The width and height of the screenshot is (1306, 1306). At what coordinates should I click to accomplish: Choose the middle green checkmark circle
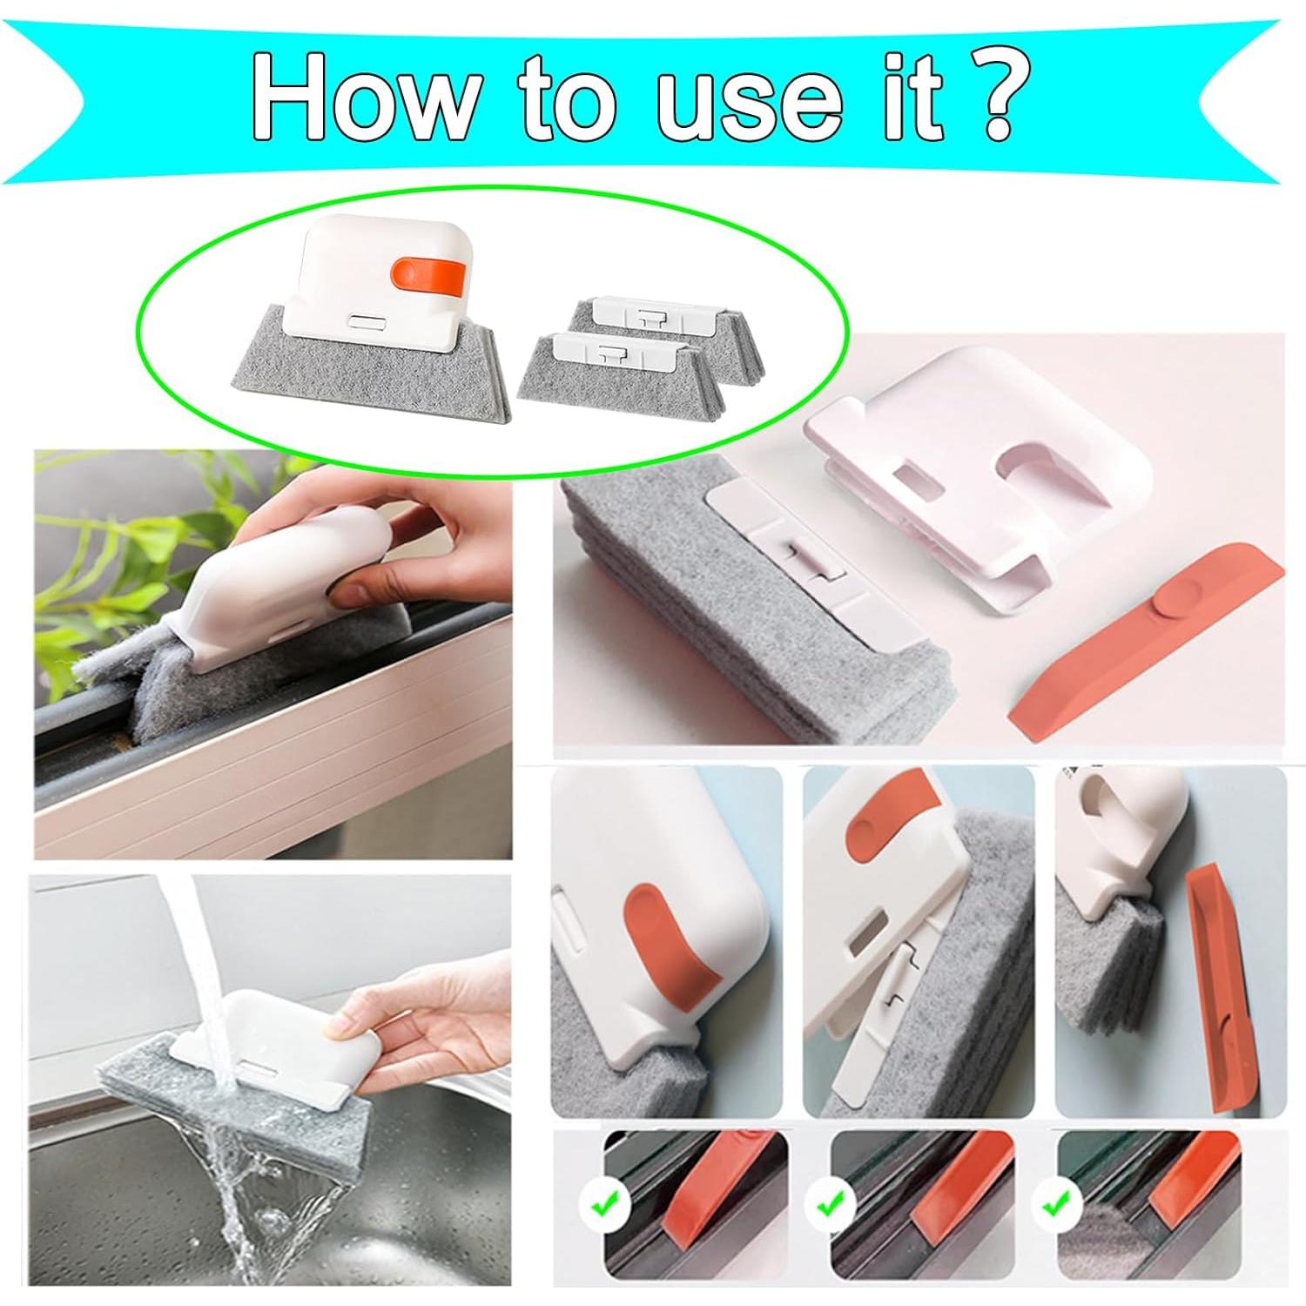(830, 1207)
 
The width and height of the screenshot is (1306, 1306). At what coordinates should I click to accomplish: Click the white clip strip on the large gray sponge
(801, 566)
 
